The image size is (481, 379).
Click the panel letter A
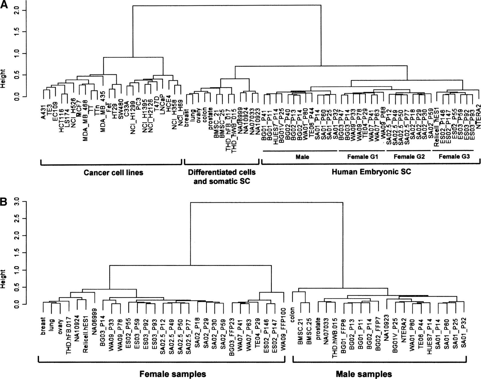coord(4,5)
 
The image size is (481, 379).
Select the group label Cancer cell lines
coord(113,173)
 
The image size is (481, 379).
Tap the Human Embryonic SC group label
coord(371,172)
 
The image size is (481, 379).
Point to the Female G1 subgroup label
coord(363,157)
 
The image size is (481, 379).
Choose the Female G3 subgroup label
coord(454,157)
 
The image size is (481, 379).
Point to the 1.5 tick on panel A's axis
coord(17,32)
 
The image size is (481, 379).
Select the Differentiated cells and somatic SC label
coord(222,177)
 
